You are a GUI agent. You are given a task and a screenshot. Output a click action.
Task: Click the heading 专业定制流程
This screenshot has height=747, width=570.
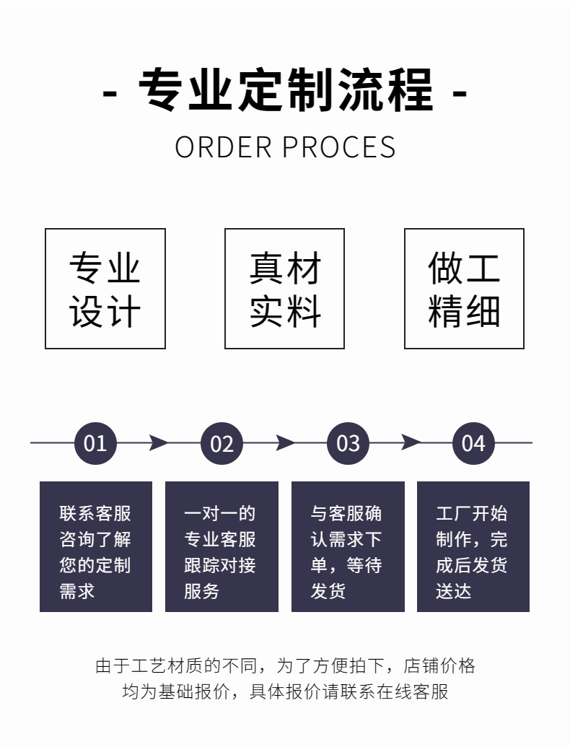pyautogui.click(x=286, y=89)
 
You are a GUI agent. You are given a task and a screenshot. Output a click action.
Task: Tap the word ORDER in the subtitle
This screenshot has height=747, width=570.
pyautogui.click(x=222, y=147)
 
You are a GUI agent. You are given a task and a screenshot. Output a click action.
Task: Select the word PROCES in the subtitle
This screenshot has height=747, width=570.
pyautogui.click(x=338, y=147)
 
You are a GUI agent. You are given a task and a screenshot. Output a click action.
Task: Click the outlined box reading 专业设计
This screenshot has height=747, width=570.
pyautogui.click(x=105, y=289)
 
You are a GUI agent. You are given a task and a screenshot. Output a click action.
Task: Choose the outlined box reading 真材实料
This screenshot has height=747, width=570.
pyautogui.click(x=284, y=289)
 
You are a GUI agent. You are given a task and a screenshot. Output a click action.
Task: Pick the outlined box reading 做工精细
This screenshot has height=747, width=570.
pyautogui.click(x=464, y=289)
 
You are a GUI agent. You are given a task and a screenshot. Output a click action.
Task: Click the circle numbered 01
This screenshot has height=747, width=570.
pyautogui.click(x=95, y=442)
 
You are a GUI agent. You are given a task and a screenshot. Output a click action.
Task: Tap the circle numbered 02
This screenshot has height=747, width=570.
pyautogui.click(x=222, y=442)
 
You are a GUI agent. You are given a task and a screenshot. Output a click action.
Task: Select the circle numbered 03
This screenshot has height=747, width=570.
pyautogui.click(x=348, y=442)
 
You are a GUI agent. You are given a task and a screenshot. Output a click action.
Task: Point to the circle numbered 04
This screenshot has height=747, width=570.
pyautogui.click(x=473, y=442)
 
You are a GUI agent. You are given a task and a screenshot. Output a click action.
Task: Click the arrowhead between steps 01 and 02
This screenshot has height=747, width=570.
pyautogui.click(x=158, y=442)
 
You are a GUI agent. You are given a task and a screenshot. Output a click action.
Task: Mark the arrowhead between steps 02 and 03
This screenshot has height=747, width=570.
pyautogui.click(x=285, y=442)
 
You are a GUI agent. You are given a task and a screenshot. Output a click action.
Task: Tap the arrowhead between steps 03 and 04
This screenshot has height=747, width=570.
pyautogui.click(x=411, y=442)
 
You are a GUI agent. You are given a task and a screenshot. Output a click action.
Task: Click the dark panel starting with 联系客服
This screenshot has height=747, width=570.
pyautogui.click(x=96, y=546)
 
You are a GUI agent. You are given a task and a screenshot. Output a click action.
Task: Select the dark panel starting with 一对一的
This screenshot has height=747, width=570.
pyautogui.click(x=222, y=546)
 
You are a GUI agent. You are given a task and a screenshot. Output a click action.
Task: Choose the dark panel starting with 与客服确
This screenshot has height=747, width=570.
pyautogui.click(x=348, y=546)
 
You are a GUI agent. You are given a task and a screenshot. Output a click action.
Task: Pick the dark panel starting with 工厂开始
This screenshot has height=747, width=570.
pyautogui.click(x=473, y=546)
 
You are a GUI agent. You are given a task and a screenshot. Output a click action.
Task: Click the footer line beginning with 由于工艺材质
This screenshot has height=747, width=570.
pyautogui.click(x=285, y=665)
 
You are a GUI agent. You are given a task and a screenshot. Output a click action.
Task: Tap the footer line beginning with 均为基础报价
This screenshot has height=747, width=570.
pyautogui.click(x=285, y=691)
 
